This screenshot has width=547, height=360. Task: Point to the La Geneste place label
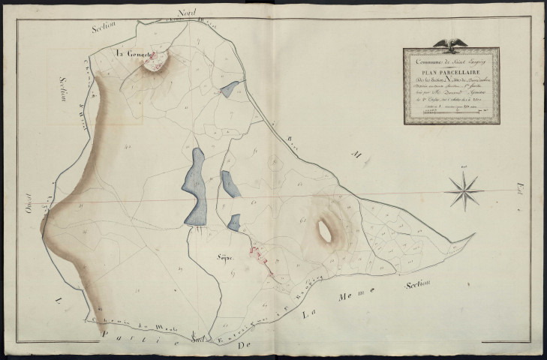click(132, 54)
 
